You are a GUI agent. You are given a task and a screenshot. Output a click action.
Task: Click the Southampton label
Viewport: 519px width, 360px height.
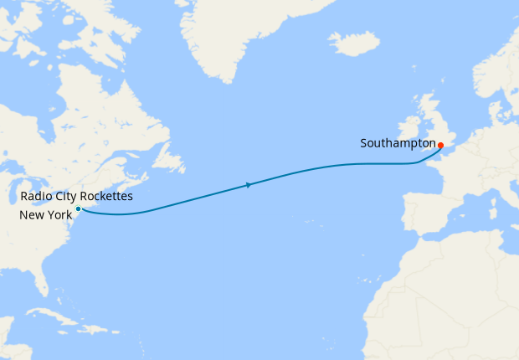coord(398,143)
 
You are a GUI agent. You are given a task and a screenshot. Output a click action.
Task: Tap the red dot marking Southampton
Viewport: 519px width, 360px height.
coord(440,145)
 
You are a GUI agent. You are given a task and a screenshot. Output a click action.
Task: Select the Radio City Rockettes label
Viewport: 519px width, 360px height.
coord(76,197)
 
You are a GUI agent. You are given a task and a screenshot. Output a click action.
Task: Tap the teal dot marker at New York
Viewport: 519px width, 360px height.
coord(78,208)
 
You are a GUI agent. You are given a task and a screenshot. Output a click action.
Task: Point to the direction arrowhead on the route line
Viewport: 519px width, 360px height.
coord(249,185)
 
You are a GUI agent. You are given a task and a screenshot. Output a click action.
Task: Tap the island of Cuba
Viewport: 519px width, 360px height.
coord(50,321)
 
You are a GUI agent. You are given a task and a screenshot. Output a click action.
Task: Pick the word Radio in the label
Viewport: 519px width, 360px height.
coord(35,197)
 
